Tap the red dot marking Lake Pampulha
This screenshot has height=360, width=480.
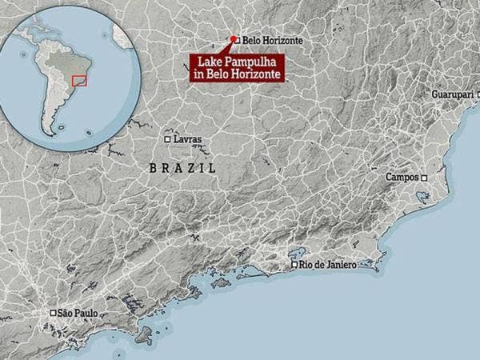(233, 38)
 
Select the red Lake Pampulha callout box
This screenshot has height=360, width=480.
(238, 67)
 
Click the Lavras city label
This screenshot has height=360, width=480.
(188, 139)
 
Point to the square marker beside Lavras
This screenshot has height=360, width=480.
(167, 139)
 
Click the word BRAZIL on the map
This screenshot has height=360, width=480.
(182, 168)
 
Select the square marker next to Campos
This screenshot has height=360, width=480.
(424, 178)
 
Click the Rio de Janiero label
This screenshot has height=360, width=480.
(328, 265)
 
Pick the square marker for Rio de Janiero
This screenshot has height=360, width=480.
(294, 265)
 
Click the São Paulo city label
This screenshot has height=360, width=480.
(78, 313)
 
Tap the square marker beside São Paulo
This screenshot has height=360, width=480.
(53, 313)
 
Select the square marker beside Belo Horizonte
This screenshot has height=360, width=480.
(237, 39)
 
